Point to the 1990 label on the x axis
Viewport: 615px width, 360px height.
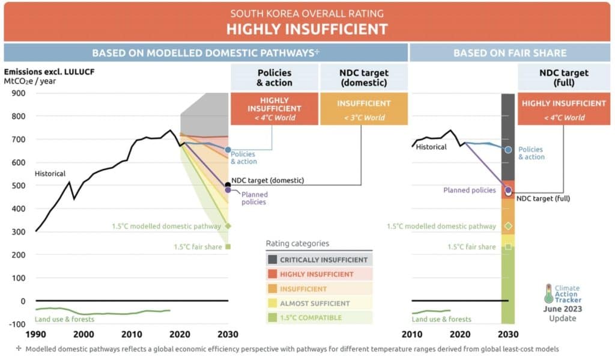pos(36,334)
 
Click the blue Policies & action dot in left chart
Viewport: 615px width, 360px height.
pos(228,150)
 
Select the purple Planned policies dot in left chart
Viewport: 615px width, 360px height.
pos(228,190)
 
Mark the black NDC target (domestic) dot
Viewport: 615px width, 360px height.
pos(228,185)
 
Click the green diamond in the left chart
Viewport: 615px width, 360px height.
pos(228,226)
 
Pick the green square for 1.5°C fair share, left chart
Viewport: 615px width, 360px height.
pos(228,246)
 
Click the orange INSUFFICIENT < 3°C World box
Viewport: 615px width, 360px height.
pos(363,109)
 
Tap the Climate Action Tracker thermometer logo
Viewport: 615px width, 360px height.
pos(548,293)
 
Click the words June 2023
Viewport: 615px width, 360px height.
pos(562,309)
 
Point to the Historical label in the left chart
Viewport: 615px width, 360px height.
pos(50,174)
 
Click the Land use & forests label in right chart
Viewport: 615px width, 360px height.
pos(441,319)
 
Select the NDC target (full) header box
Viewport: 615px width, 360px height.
pos(563,78)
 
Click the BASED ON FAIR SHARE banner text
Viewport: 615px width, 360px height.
pos(509,53)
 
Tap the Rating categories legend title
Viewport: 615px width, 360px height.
pos(298,243)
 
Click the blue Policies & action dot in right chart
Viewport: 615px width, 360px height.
pos(508,150)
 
